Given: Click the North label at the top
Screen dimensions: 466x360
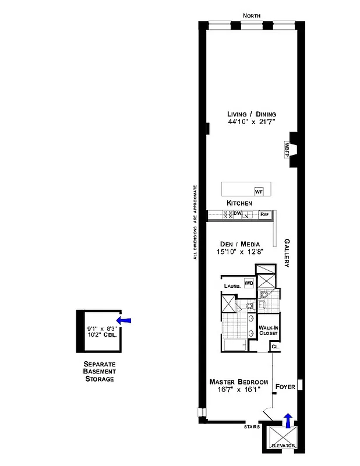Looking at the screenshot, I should pyautogui.click(x=252, y=16).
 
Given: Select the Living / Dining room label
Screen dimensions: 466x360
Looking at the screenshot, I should pyautogui.click(x=252, y=114).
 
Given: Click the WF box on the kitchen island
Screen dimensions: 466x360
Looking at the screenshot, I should pyautogui.click(x=259, y=191).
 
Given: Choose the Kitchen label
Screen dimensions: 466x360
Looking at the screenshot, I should pyautogui.click(x=239, y=203).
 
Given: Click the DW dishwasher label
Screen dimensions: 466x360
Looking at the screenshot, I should pyautogui.click(x=237, y=214).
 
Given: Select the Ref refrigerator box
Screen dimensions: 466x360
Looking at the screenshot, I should pyautogui.click(x=264, y=214).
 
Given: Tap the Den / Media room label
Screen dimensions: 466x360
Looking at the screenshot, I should pyautogui.click(x=240, y=244).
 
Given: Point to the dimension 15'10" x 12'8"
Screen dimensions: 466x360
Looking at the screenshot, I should pyautogui.click(x=240, y=252).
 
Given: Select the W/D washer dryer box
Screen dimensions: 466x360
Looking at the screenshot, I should pyautogui.click(x=249, y=283).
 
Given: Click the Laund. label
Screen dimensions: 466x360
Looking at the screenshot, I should pyautogui.click(x=232, y=286).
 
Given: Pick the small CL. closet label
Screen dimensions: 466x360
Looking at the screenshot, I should pyautogui.click(x=275, y=347).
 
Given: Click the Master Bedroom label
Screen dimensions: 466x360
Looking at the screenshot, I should pyautogui.click(x=239, y=382).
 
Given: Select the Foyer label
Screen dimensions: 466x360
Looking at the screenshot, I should pyautogui.click(x=285, y=387).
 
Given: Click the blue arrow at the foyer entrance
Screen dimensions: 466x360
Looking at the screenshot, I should pyautogui.click(x=287, y=418).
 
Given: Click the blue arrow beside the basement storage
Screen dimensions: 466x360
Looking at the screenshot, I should pyautogui.click(x=124, y=320).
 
